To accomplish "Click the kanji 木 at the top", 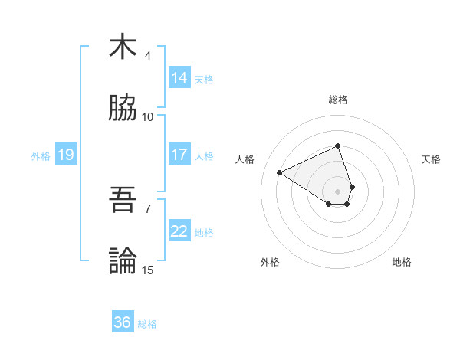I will (123, 47).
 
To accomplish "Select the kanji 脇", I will (123, 109).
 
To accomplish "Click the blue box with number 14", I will (179, 78).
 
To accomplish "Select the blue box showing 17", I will (179, 155).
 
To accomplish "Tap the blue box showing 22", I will (179, 231).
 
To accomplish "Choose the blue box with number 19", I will (65, 155).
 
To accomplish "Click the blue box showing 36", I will (123, 322).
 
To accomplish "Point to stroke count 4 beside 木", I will (148, 56).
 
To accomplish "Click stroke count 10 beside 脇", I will (148, 117).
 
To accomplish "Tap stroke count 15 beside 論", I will (148, 270).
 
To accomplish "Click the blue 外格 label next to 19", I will (41, 156).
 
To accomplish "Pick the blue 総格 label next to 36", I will (147, 324).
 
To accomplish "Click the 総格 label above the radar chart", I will (337, 100).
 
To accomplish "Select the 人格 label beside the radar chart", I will (245, 159).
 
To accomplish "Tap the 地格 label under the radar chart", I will (402, 262).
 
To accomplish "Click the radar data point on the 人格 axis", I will (280, 172).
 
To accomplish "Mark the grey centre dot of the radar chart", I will (337, 191).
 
